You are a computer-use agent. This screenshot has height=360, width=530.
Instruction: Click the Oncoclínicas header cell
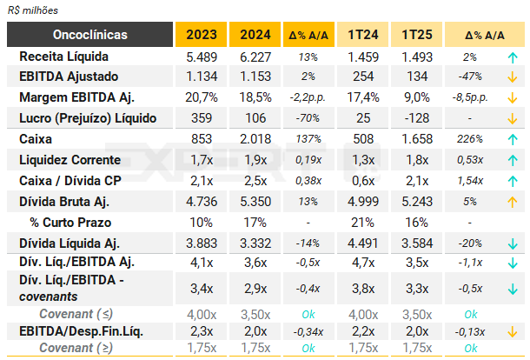[90, 35]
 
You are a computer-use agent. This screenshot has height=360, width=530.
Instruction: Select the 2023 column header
[201, 35]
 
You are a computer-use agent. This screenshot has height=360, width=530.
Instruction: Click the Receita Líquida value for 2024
[256, 56]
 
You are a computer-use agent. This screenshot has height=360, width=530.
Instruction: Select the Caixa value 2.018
[256, 139]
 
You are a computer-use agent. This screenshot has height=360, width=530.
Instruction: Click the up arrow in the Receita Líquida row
[513, 56]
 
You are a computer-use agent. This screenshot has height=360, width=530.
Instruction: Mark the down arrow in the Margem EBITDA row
[513, 97]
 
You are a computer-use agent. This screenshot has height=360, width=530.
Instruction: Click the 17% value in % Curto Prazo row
[256, 223]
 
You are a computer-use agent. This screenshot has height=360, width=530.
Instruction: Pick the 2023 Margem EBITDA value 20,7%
[201, 97]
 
